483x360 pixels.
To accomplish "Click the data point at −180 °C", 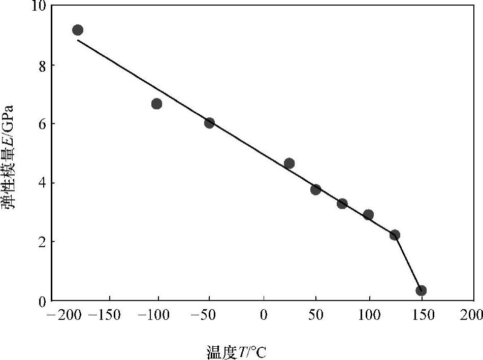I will pos(78,30).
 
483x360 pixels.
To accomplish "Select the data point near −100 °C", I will pos(157,104).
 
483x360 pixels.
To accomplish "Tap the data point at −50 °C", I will pos(209,123).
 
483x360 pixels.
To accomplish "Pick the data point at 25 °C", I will pos(289,163).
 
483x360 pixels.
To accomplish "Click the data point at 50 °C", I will pos(316,189).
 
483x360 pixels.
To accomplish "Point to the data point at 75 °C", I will pos(342,204).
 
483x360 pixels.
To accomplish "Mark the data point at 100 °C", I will pos(369,215).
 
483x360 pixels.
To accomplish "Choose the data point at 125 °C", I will pos(395,235).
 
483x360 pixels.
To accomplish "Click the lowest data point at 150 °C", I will pos(421,290).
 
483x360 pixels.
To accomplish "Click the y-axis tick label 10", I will pos(39,7).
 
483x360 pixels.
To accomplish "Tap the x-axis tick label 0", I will pos(263,315).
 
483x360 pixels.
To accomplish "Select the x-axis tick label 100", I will pos(369,315).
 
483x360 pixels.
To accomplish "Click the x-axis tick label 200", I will pos(473,315).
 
